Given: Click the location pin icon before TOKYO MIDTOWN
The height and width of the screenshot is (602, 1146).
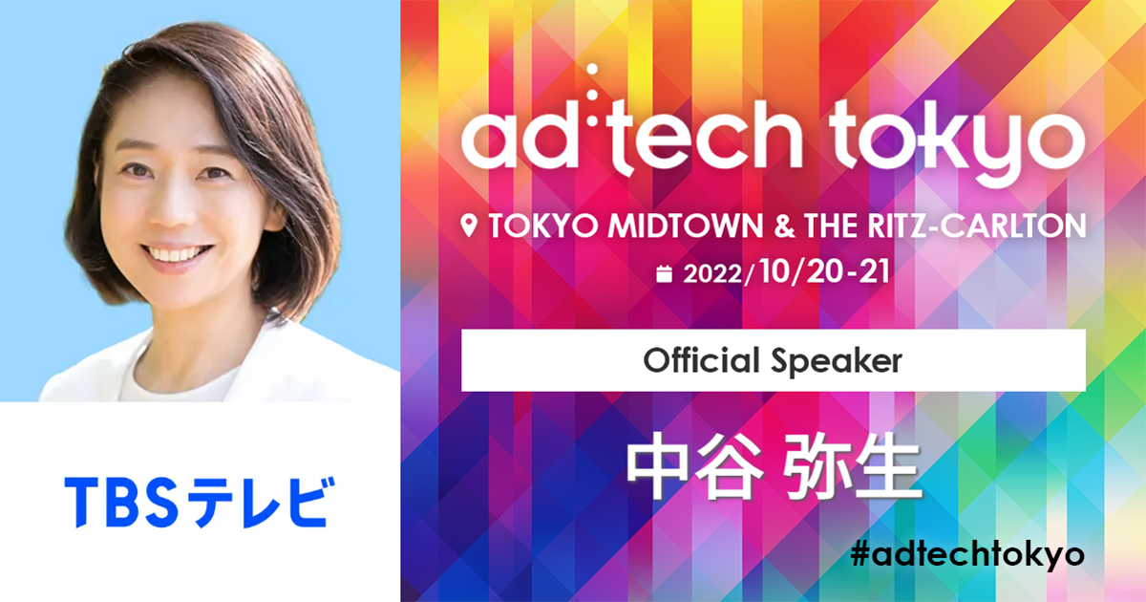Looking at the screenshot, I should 469,226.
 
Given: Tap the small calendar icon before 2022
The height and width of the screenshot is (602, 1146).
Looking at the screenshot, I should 666,274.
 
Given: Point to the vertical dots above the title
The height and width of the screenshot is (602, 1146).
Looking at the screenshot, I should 593,86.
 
